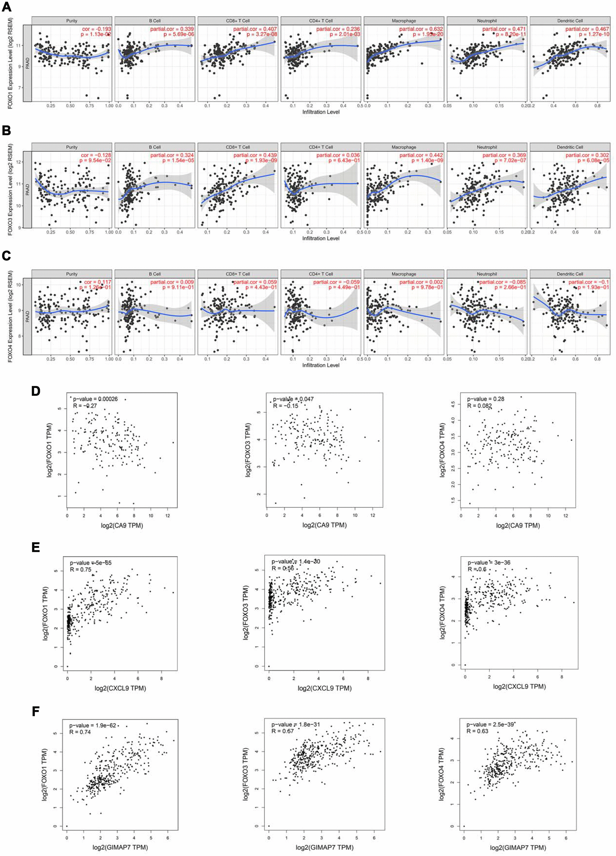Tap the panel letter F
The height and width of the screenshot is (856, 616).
(x=36, y=711)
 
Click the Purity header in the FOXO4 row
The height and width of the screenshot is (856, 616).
(x=72, y=274)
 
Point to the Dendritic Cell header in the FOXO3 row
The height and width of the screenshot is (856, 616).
(x=570, y=147)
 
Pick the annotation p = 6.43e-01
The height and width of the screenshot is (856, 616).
(x=344, y=161)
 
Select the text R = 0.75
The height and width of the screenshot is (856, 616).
(x=80, y=569)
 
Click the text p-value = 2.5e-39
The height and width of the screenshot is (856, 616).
(x=490, y=725)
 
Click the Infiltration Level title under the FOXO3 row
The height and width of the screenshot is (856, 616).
(x=321, y=239)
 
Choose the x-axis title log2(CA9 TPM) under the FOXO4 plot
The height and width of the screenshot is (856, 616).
(x=518, y=525)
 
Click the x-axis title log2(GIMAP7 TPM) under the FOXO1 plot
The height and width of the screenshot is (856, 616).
(x=120, y=847)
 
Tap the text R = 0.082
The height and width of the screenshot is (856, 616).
(x=479, y=406)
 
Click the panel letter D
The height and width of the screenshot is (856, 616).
(x=36, y=391)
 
